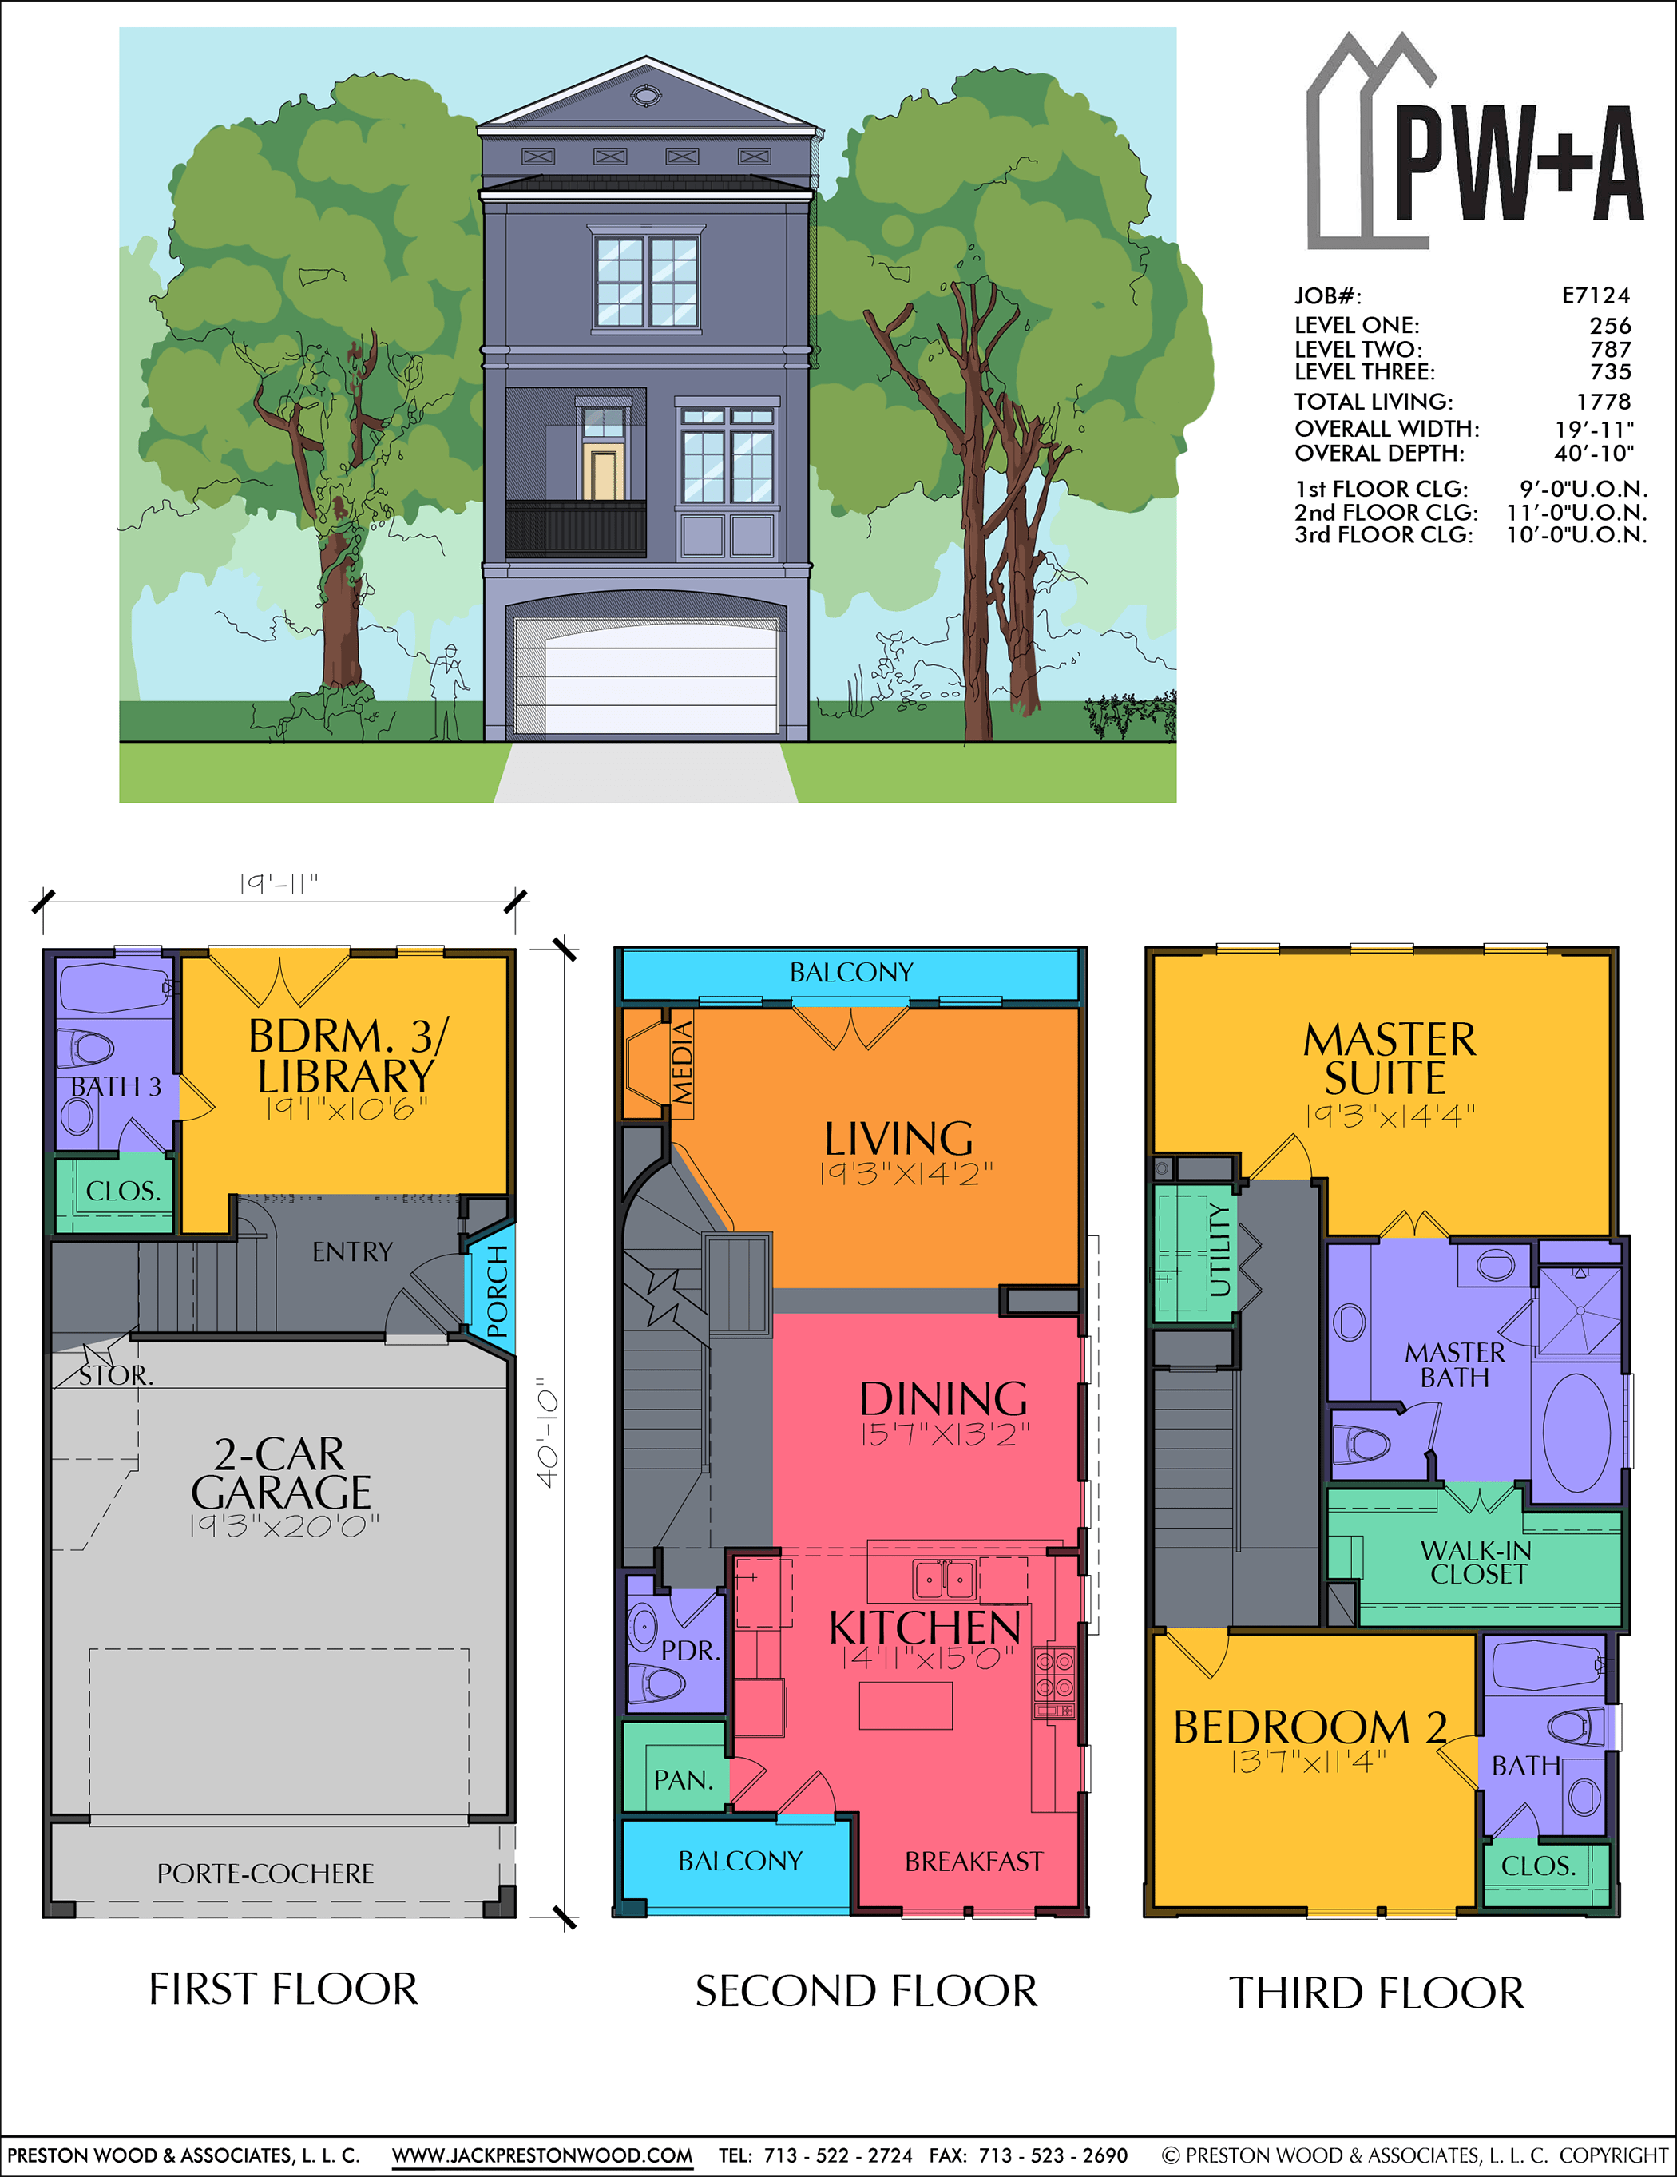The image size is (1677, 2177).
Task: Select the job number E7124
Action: click(1596, 295)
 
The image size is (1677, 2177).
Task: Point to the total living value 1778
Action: click(1604, 401)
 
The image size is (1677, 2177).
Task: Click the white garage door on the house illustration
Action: click(646, 675)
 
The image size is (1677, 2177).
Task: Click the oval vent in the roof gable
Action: click(646, 96)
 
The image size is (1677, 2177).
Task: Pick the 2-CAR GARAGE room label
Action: click(281, 1473)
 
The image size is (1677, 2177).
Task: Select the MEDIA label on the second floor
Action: click(682, 1063)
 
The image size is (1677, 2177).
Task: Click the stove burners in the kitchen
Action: click(1054, 1675)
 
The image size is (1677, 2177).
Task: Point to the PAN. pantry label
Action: click(683, 1779)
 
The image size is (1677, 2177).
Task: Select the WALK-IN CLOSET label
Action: click(1476, 1562)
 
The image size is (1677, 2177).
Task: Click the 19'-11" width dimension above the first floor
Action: click(278, 883)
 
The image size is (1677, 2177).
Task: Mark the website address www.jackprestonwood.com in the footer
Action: click(542, 2155)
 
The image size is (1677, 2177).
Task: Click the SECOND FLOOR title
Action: click(866, 1992)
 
